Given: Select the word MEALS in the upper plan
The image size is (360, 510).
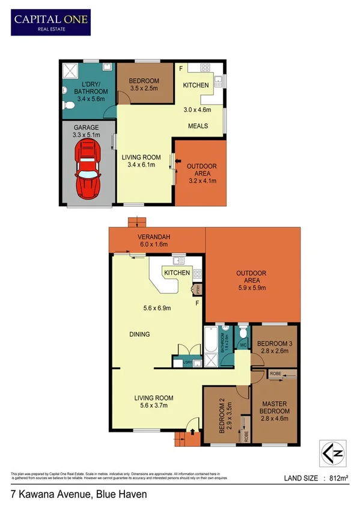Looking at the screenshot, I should [198, 126].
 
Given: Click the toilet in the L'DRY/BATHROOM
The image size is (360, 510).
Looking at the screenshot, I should [69, 106].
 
